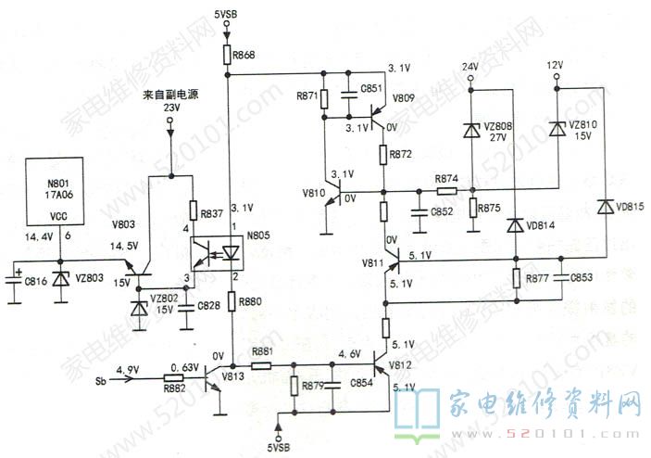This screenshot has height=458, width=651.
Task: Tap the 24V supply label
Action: (x=469, y=68)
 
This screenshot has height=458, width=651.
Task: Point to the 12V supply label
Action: (x=555, y=66)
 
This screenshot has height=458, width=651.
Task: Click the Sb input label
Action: (x=101, y=381)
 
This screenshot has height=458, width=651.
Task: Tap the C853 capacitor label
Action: (x=582, y=277)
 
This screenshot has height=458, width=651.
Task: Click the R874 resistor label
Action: (x=446, y=179)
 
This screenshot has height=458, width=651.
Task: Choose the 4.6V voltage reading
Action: (x=348, y=353)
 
